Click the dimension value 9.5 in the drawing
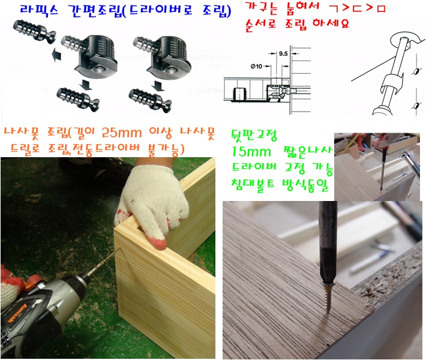[283, 53]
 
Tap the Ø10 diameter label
[256, 66]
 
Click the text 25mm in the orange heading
[122, 133]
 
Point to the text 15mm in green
[251, 152]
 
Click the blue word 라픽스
[40, 10]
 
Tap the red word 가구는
[262, 8]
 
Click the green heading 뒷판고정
[254, 135]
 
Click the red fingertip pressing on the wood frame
[158, 242]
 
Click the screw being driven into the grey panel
[328, 297]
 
